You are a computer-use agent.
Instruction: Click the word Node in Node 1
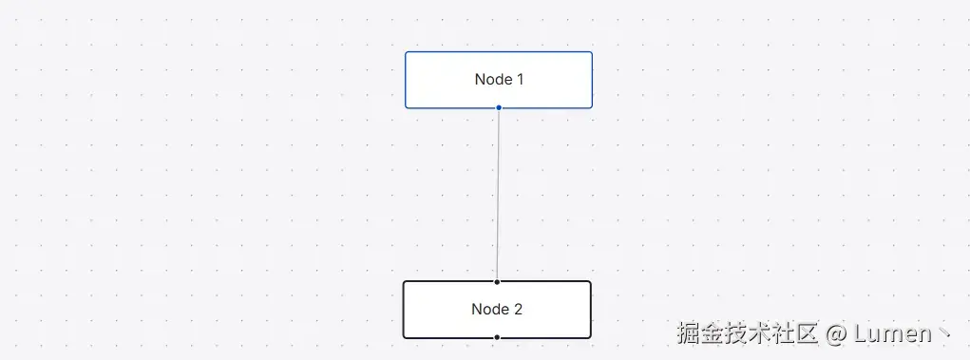coord(492,80)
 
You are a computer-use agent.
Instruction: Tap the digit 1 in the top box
coord(520,80)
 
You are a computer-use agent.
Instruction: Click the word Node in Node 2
coord(488,310)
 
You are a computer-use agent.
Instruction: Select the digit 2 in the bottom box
coord(518,310)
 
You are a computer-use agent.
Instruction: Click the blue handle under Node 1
coord(499,107)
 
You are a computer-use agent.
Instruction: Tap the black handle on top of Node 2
coord(497,281)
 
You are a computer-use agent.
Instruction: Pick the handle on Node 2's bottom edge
coord(497,337)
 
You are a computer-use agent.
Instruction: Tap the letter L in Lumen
coord(861,333)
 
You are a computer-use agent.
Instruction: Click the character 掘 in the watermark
coord(689,333)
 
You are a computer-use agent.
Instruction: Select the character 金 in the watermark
coord(713,333)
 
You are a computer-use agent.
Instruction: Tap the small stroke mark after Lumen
coord(943,333)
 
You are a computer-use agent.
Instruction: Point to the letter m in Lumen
coord(892,334)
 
